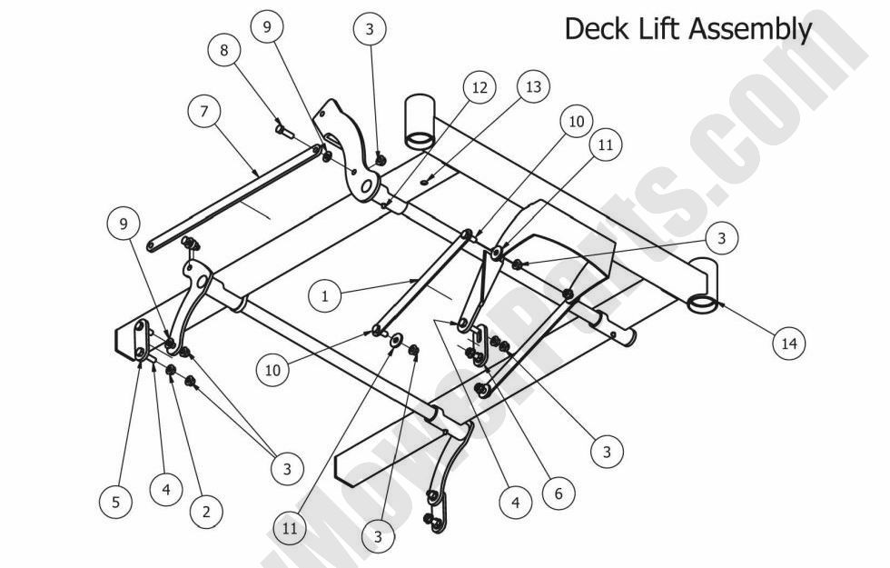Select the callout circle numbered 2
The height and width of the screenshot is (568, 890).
[x=206, y=512]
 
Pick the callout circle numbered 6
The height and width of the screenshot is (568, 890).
[x=559, y=493]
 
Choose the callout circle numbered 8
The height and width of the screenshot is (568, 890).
[x=225, y=50]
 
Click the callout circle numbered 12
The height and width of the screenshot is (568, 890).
[x=480, y=88]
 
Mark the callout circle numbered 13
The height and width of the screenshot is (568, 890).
[x=533, y=87]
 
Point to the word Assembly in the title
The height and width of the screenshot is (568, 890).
[x=751, y=28]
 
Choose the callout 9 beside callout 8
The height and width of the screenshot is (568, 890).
[x=266, y=27]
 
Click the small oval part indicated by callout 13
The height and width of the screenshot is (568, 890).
[x=425, y=182]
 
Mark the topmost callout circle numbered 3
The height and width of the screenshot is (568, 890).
[x=369, y=29]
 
